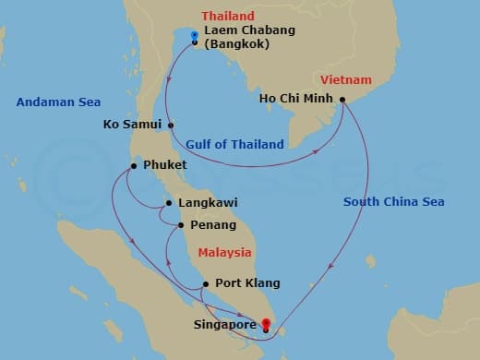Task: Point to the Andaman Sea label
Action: click(x=57, y=102)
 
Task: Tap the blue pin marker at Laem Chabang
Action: click(x=195, y=35)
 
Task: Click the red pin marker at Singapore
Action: click(x=266, y=323)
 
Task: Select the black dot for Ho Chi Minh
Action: click(x=342, y=100)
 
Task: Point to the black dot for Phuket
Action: click(x=134, y=166)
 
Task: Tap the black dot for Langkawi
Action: click(x=168, y=204)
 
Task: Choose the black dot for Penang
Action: click(x=179, y=224)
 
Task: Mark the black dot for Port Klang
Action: click(x=204, y=283)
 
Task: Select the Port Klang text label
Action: click(x=246, y=283)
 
